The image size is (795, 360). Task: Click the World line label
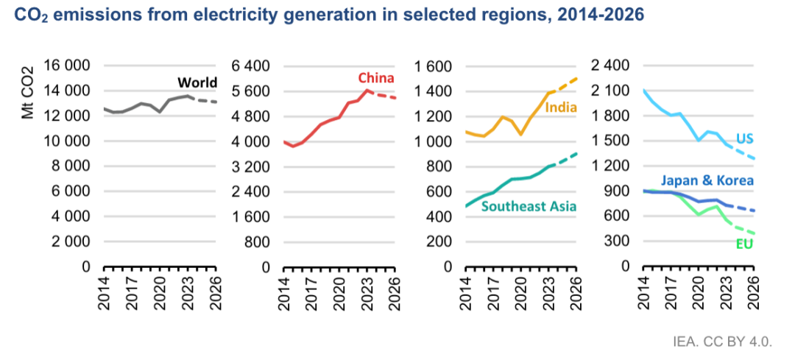(x=198, y=82)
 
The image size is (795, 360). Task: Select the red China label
(x=376, y=78)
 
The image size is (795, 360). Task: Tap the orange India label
(x=561, y=108)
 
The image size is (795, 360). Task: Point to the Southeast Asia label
(x=529, y=206)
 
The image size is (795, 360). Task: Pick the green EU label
(x=744, y=244)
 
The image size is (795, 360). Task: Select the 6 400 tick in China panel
(x=251, y=66)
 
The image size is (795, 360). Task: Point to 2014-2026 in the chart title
(x=591, y=15)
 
